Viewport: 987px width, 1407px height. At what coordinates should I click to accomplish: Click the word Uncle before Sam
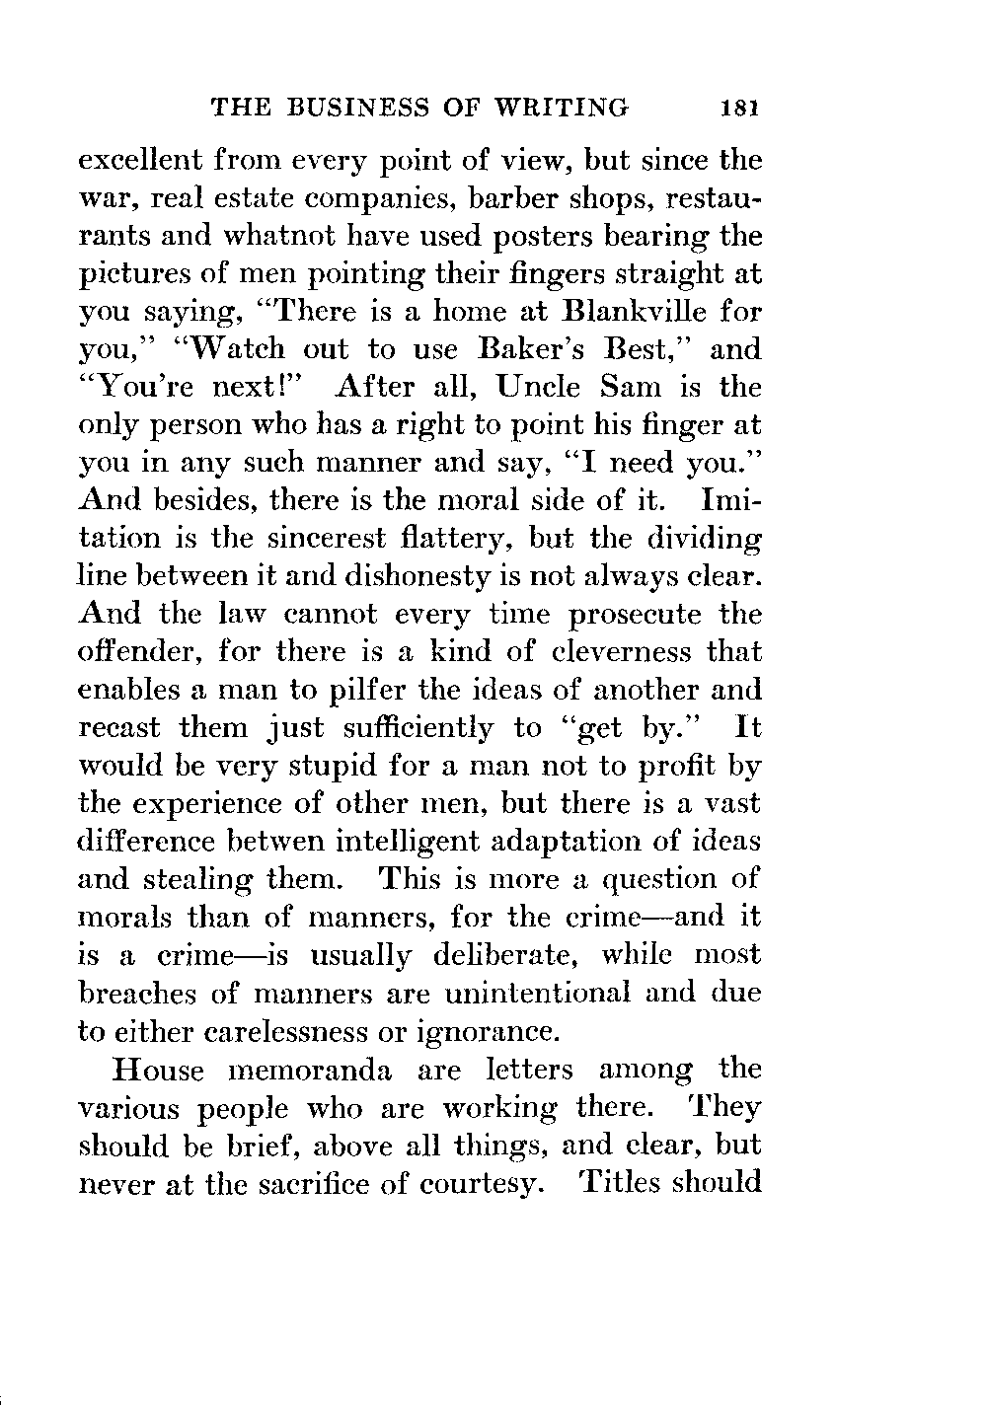(542, 388)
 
